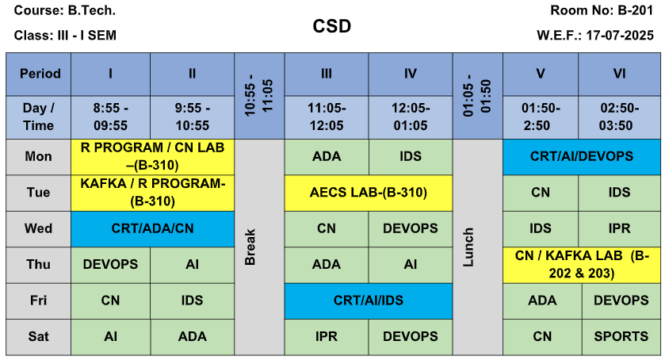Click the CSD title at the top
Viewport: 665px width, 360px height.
[x=331, y=26]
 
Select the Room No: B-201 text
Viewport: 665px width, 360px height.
[x=602, y=10]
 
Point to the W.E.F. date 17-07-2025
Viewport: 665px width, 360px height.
[x=620, y=35]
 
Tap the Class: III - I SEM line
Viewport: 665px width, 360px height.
[x=65, y=35]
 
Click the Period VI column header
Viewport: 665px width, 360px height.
[x=619, y=74]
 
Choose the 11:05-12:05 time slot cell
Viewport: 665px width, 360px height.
[x=327, y=117]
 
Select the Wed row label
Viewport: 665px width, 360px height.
[x=38, y=228]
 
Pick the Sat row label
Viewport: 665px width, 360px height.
[x=38, y=337]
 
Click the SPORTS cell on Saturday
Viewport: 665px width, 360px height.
[x=621, y=337]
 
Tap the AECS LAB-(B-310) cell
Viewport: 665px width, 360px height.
[x=368, y=193]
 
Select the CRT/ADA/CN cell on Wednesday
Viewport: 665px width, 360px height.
[x=153, y=229]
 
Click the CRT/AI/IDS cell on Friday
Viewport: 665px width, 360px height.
[x=368, y=301]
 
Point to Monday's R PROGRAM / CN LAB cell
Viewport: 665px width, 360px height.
[x=153, y=157]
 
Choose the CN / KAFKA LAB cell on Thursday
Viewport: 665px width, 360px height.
[x=582, y=265]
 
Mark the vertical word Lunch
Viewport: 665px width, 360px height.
[x=468, y=247]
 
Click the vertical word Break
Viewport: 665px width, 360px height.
[x=250, y=247]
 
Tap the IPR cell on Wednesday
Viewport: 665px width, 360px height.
[x=619, y=228]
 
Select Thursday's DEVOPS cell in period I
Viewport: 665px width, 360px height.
[x=110, y=265]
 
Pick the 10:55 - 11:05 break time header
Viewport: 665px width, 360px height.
[x=259, y=96]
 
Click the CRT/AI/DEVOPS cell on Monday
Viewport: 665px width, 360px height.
[x=582, y=157]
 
